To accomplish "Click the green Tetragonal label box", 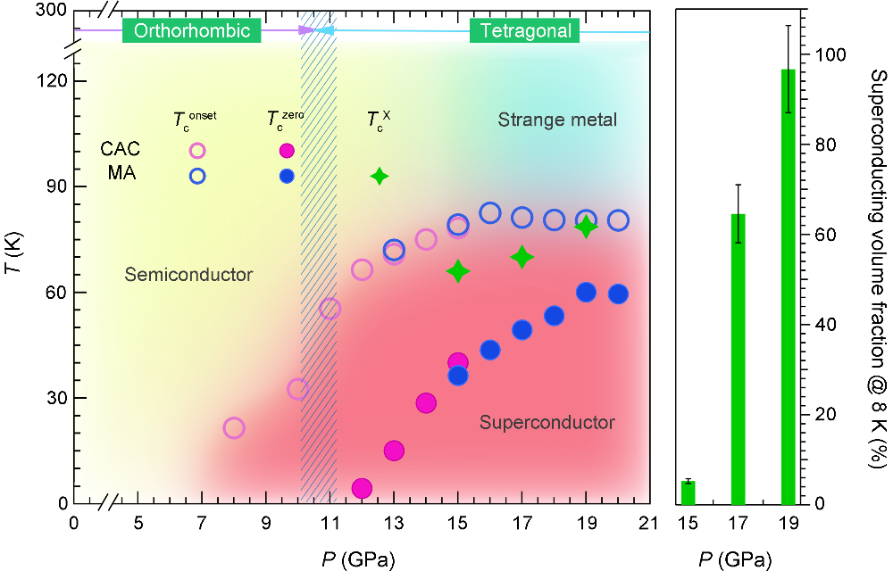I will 525,31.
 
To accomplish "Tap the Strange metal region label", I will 557,120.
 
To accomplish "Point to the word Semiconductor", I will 189,275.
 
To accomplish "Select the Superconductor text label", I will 547,422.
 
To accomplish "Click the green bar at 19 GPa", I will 789,285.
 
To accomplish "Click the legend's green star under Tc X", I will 380,176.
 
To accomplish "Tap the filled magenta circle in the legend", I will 287,151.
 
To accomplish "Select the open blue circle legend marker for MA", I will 197,176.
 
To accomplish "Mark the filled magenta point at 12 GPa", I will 362,488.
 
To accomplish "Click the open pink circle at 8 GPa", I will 234,427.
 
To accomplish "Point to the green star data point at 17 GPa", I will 522,257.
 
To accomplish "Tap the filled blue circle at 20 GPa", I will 618,294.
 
